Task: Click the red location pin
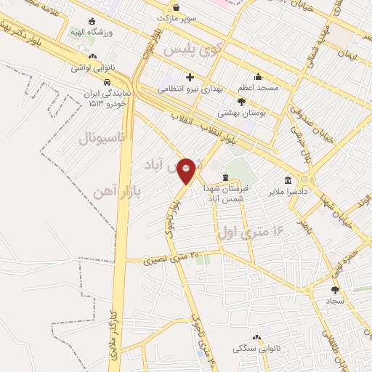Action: click(x=187, y=171)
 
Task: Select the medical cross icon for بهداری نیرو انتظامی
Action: click(x=190, y=77)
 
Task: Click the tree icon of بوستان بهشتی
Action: click(x=240, y=102)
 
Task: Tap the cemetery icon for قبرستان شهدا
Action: click(x=225, y=177)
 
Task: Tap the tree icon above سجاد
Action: click(x=334, y=289)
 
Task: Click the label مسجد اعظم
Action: click(x=258, y=88)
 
